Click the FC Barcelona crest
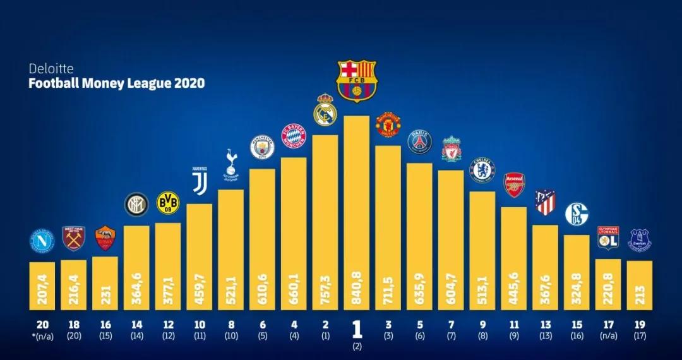tap(357, 81)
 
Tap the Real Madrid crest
tap(325, 110)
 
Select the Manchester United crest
tap(388, 125)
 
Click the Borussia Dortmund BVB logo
tap(167, 203)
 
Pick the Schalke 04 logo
tap(576, 214)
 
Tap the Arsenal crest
tap(514, 185)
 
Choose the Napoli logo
tap(42, 241)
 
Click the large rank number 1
tap(357, 330)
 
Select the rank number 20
tap(42, 325)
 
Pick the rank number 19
tap(639, 325)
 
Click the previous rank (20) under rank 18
tap(73, 336)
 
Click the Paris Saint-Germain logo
tap(419, 142)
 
